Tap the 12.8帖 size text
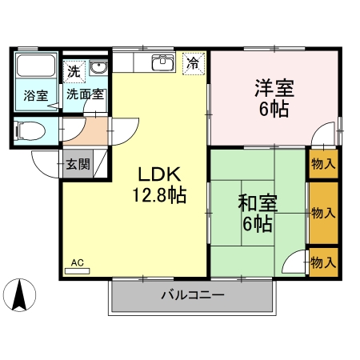pyautogui.click(x=159, y=194)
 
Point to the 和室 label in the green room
pyautogui.click(x=255, y=202)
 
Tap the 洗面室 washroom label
pyautogui.click(x=83, y=94)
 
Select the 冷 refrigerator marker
pyautogui.click(x=193, y=62)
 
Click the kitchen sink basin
pyautogui.click(x=162, y=61)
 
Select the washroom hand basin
pyautogui.click(x=98, y=68)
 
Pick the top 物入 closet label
pyautogui.click(x=323, y=166)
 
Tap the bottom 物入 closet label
pyautogui.click(x=322, y=262)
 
